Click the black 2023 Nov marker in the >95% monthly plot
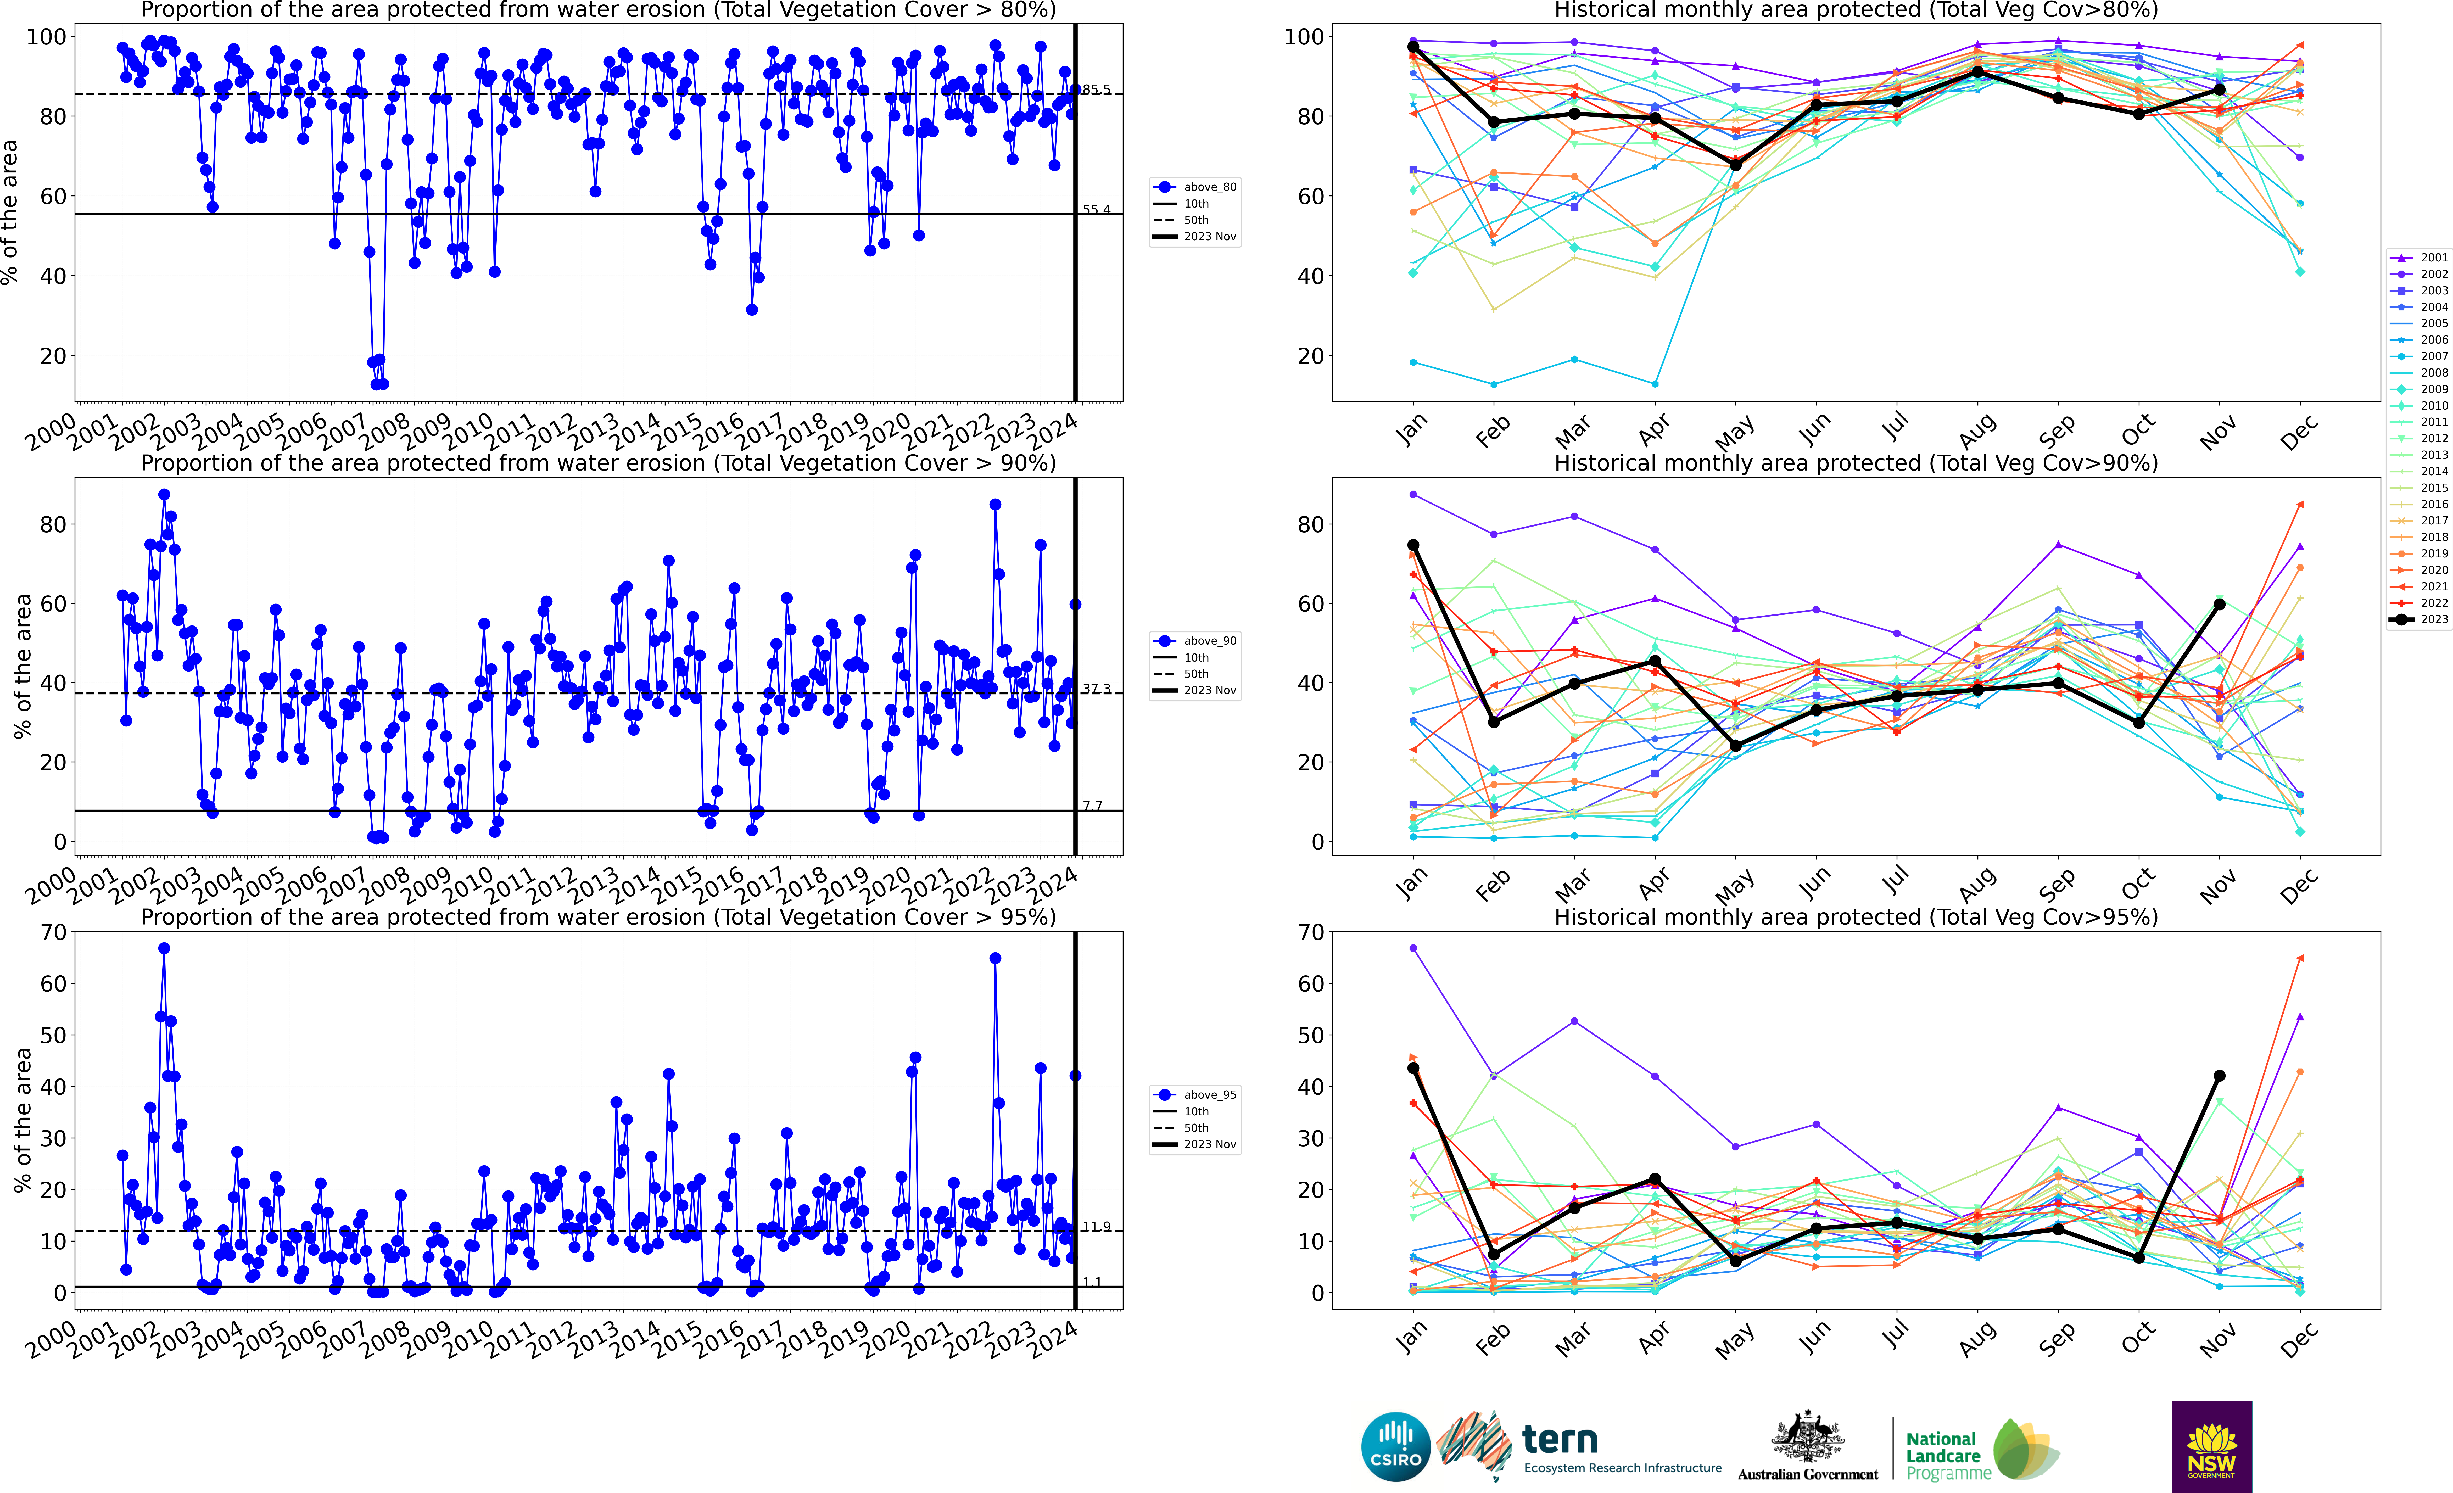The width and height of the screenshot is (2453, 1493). tap(2219, 1076)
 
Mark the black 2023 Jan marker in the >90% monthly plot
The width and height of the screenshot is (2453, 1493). tap(1413, 545)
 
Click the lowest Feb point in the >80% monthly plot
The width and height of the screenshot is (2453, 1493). tap(1493, 384)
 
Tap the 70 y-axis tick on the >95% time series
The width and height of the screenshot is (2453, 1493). tap(54, 933)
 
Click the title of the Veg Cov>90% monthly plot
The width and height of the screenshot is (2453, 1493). tap(1856, 463)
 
